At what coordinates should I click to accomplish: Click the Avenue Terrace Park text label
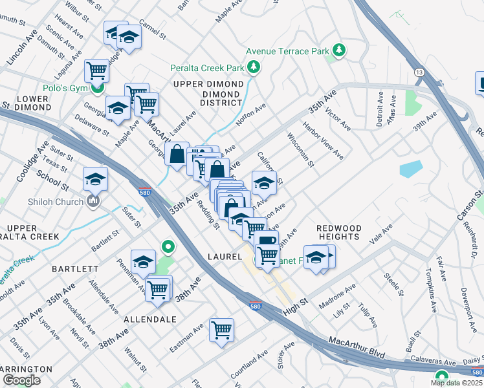(x=287, y=51)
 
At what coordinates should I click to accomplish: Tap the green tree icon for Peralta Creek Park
(x=254, y=67)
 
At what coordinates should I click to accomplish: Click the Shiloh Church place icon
(x=94, y=202)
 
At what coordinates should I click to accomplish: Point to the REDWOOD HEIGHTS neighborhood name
(x=338, y=232)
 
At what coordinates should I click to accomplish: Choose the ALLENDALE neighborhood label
(x=149, y=319)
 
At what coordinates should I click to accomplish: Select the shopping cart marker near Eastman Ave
(x=221, y=330)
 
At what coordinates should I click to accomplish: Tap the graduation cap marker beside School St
(x=95, y=178)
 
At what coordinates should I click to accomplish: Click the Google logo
(x=21, y=380)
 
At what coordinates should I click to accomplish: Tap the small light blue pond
(x=410, y=169)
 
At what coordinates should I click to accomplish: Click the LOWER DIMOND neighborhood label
(x=25, y=103)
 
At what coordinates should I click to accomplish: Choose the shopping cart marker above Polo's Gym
(x=96, y=69)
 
